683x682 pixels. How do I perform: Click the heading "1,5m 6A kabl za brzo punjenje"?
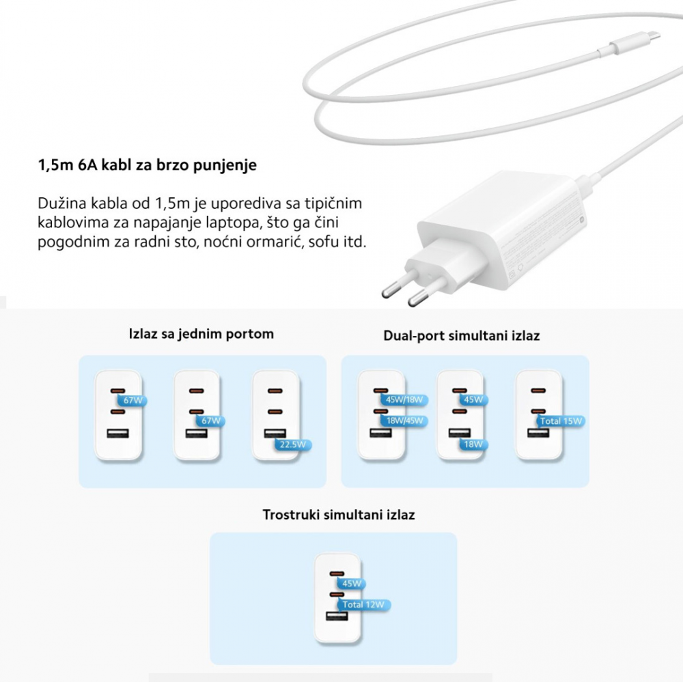pyautogui.click(x=148, y=165)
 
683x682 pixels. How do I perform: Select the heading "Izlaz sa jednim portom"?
pyautogui.click(x=201, y=334)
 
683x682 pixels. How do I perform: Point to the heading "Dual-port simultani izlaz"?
pyautogui.click(x=461, y=336)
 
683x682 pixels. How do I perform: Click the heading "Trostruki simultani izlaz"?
pyautogui.click(x=339, y=515)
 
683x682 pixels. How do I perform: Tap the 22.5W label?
pyautogui.click(x=293, y=444)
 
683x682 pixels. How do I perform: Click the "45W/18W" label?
pyautogui.click(x=404, y=400)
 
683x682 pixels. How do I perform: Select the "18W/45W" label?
pyautogui.click(x=404, y=421)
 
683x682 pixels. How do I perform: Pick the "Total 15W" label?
pyautogui.click(x=561, y=421)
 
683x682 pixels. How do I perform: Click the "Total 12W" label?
pyautogui.click(x=363, y=604)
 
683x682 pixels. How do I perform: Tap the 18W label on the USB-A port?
pyautogui.click(x=473, y=444)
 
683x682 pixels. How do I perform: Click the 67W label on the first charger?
pyautogui.click(x=133, y=400)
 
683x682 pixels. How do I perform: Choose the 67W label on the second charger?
pyautogui.click(x=211, y=421)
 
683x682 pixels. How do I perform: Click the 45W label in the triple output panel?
pyautogui.click(x=351, y=584)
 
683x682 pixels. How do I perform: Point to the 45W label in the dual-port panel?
pyautogui.click(x=473, y=400)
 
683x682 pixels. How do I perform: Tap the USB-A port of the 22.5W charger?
pyautogui.click(x=275, y=434)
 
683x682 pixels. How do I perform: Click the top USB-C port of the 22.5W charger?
pyautogui.click(x=275, y=390)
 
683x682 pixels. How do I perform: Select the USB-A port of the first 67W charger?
pyautogui.click(x=117, y=434)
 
